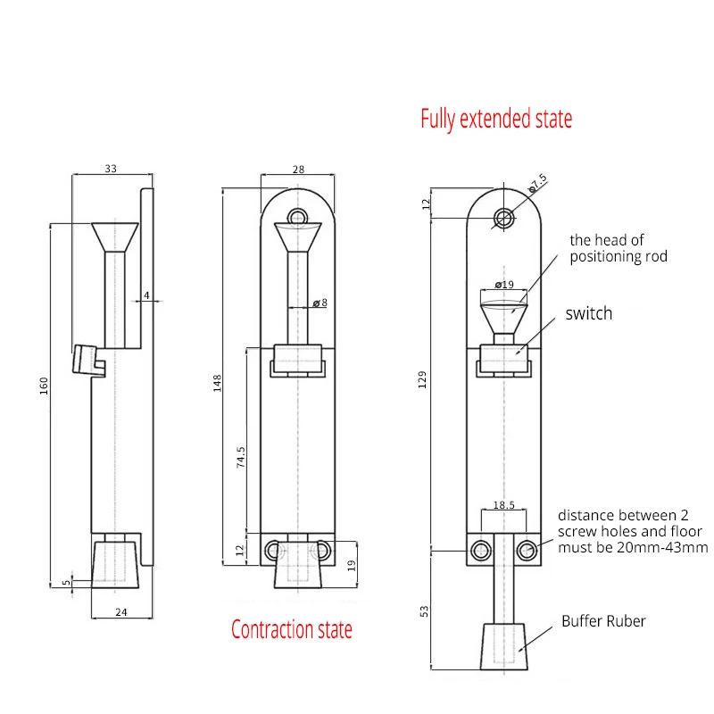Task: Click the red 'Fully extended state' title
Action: coord(496,119)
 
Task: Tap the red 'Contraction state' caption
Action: coord(292,629)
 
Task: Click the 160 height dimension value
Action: coord(44,386)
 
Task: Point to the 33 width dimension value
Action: coord(111,168)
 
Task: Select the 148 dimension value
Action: coord(217,382)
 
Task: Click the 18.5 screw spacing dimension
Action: coord(503,504)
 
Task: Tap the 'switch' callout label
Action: coord(589,313)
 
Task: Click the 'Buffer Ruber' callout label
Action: coord(603,621)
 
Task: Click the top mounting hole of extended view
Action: coord(504,218)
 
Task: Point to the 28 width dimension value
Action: coord(298,168)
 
